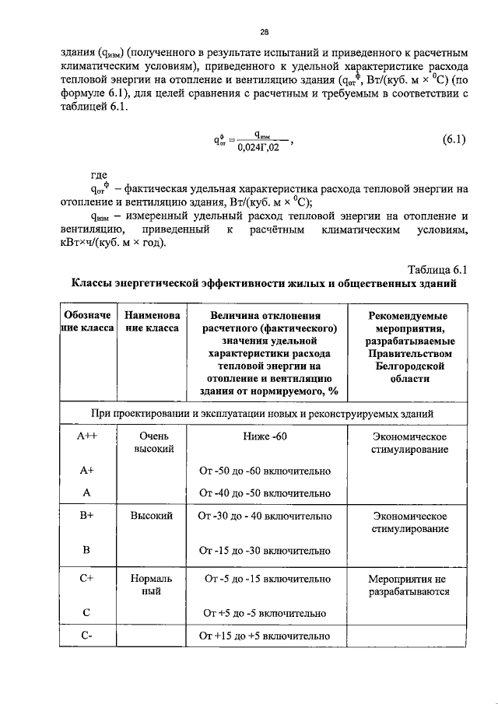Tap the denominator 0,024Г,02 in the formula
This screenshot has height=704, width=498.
[x=258, y=148]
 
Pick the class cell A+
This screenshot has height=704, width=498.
[x=87, y=471]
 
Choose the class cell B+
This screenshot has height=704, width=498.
[x=87, y=516]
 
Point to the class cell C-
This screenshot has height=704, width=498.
[x=87, y=636]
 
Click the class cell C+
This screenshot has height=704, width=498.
[x=87, y=579]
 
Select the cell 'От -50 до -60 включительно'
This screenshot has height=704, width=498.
[x=265, y=471]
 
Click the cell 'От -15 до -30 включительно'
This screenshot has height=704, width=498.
[x=265, y=552]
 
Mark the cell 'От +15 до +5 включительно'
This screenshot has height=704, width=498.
[x=265, y=636]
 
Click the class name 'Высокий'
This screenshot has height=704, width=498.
[x=151, y=516]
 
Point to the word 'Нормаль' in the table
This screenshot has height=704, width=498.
[x=151, y=579]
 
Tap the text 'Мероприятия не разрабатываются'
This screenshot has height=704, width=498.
[x=409, y=585]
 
